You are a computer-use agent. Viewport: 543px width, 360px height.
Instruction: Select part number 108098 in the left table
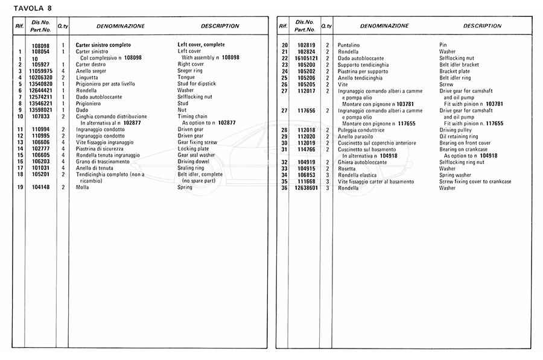click(40, 45)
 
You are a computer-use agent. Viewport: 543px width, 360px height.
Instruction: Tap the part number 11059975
click(40, 71)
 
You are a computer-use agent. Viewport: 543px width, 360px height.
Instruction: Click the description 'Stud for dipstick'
click(197, 84)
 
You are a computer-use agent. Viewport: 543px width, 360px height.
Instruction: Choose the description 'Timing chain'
click(192, 116)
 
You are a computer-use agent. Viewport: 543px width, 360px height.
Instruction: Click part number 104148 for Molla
click(40, 188)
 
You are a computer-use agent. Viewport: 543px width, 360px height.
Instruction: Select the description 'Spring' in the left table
click(185, 188)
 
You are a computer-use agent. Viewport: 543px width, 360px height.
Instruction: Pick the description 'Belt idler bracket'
click(459, 65)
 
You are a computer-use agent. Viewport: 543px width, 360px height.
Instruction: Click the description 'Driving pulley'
click(456, 130)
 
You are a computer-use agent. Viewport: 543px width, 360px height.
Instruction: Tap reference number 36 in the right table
click(284, 188)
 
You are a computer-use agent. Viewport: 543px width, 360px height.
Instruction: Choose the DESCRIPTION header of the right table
click(482, 26)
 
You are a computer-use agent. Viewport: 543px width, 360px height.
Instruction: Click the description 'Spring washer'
click(456, 175)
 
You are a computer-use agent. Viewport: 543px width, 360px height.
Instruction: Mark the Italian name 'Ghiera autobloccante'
click(363, 162)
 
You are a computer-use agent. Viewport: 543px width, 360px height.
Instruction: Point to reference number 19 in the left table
click(20, 188)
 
